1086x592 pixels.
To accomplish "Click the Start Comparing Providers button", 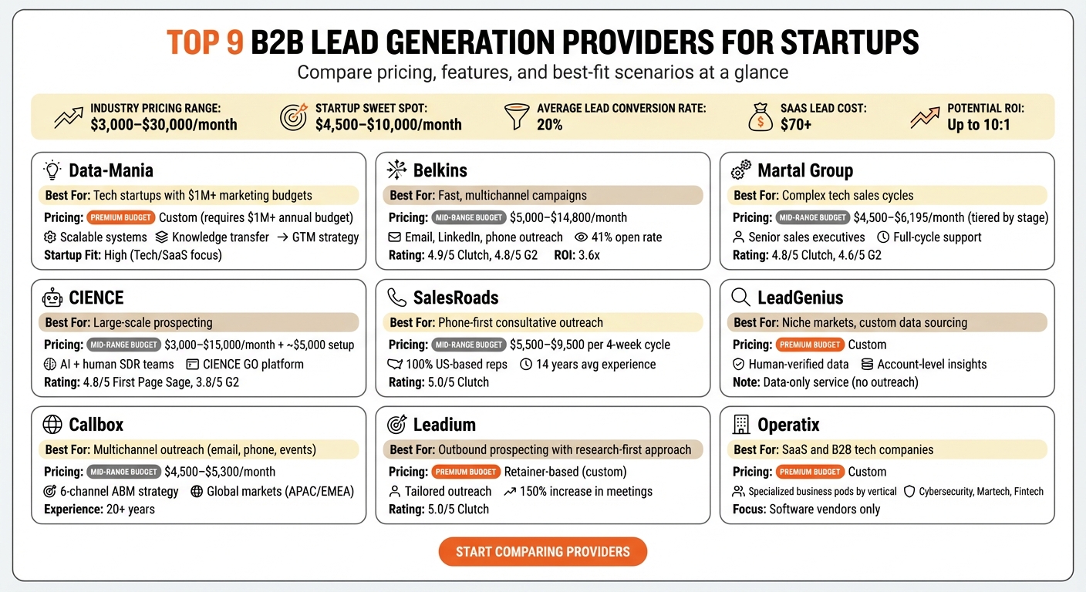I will click(x=542, y=552).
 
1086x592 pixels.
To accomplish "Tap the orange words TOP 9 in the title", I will click(x=204, y=43).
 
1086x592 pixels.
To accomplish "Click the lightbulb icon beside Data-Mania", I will click(x=52, y=170).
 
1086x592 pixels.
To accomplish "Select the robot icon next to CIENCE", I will click(x=52, y=298).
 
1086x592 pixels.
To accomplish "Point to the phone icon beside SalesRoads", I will click(x=396, y=298).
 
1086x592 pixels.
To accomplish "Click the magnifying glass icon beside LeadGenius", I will click(x=740, y=298).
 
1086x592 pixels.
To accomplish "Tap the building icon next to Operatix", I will click(x=740, y=424).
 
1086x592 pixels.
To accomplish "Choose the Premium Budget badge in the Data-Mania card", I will click(x=121, y=218).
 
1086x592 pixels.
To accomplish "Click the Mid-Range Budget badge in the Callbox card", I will click(x=123, y=472).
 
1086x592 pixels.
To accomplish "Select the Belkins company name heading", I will click(x=440, y=170).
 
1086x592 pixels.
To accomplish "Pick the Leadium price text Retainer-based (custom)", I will click(x=565, y=472).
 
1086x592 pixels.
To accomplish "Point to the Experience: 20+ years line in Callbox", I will click(x=99, y=509).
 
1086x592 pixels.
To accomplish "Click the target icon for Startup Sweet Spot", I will click(x=294, y=117).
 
